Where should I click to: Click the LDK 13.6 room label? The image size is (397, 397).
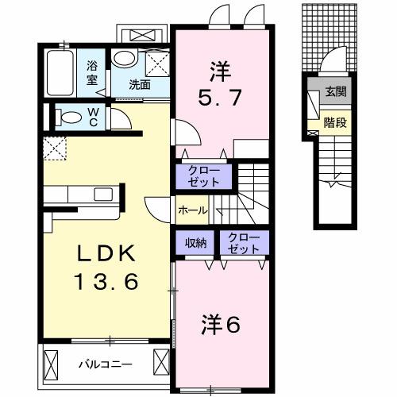point(109,268)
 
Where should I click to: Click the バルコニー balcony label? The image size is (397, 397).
point(105,364)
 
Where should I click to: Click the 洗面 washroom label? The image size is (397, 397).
point(142,82)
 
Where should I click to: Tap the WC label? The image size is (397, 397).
point(93,118)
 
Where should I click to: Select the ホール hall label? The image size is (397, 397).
point(193,210)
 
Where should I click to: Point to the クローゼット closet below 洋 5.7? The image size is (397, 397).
point(205,174)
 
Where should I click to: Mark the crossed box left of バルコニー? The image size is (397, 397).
point(52,364)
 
